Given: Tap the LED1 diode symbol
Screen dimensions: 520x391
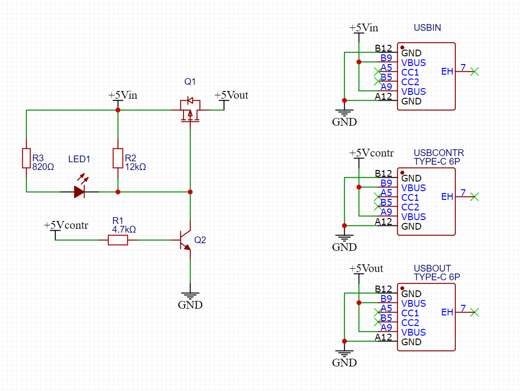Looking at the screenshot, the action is coord(80,187).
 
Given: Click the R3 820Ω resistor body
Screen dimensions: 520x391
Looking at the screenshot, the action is coord(26,158).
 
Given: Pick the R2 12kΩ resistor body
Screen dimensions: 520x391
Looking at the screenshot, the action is coord(118,158).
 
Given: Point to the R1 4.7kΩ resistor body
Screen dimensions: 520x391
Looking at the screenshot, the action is coord(118,240).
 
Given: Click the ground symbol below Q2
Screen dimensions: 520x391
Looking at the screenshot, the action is coord(190,296).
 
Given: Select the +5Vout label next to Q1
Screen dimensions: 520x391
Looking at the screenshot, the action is coord(231,95).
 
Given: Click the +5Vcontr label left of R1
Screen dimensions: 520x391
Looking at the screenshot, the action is coord(66,225).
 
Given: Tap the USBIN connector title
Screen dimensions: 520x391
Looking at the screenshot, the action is coord(427,27).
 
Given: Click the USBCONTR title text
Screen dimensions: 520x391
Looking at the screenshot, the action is coord(439,153).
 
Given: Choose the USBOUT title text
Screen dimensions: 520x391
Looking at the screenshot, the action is coord(432,268).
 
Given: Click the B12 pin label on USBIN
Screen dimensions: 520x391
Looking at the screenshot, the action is coord(383,48).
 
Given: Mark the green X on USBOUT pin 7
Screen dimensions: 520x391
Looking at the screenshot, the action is coord(475,312).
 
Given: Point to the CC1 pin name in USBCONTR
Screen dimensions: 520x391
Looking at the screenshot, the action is coord(410,197).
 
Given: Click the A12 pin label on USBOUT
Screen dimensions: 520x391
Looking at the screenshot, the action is coord(383,338).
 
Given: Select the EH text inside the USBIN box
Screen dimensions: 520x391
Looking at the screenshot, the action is coord(447,72).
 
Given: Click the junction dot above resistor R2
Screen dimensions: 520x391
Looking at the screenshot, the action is coord(118,110).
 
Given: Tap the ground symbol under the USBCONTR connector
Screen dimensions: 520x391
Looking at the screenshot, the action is coord(345,238).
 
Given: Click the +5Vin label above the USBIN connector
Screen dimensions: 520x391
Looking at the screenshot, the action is coord(364,27).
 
